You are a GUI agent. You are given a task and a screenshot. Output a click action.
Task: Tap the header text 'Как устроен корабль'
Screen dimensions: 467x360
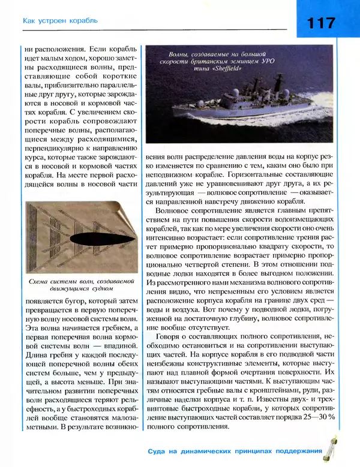[60, 21]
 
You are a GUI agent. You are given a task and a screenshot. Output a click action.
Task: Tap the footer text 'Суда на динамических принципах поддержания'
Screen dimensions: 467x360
[233, 451]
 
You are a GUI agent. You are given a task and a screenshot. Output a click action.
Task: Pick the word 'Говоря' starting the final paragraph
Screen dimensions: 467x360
[169, 338]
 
